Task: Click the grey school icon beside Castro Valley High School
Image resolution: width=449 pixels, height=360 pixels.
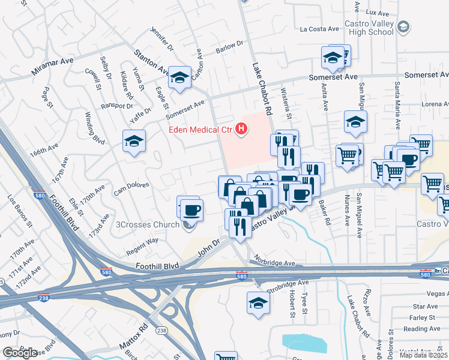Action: (404, 27)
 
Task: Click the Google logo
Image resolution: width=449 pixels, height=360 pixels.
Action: (20, 353)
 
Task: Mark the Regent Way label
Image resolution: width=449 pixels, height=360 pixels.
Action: (142, 241)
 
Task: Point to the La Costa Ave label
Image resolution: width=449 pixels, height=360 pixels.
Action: (320, 28)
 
